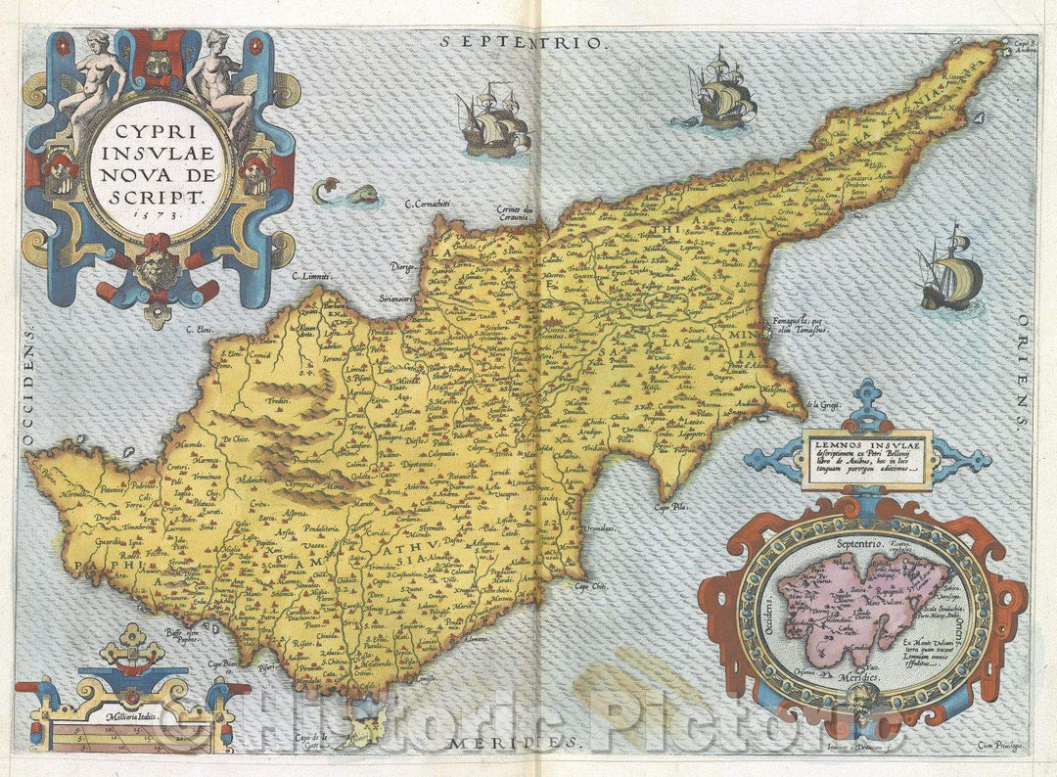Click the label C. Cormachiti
[434, 205]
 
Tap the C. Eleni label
[200, 331]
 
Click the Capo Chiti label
[590, 586]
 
